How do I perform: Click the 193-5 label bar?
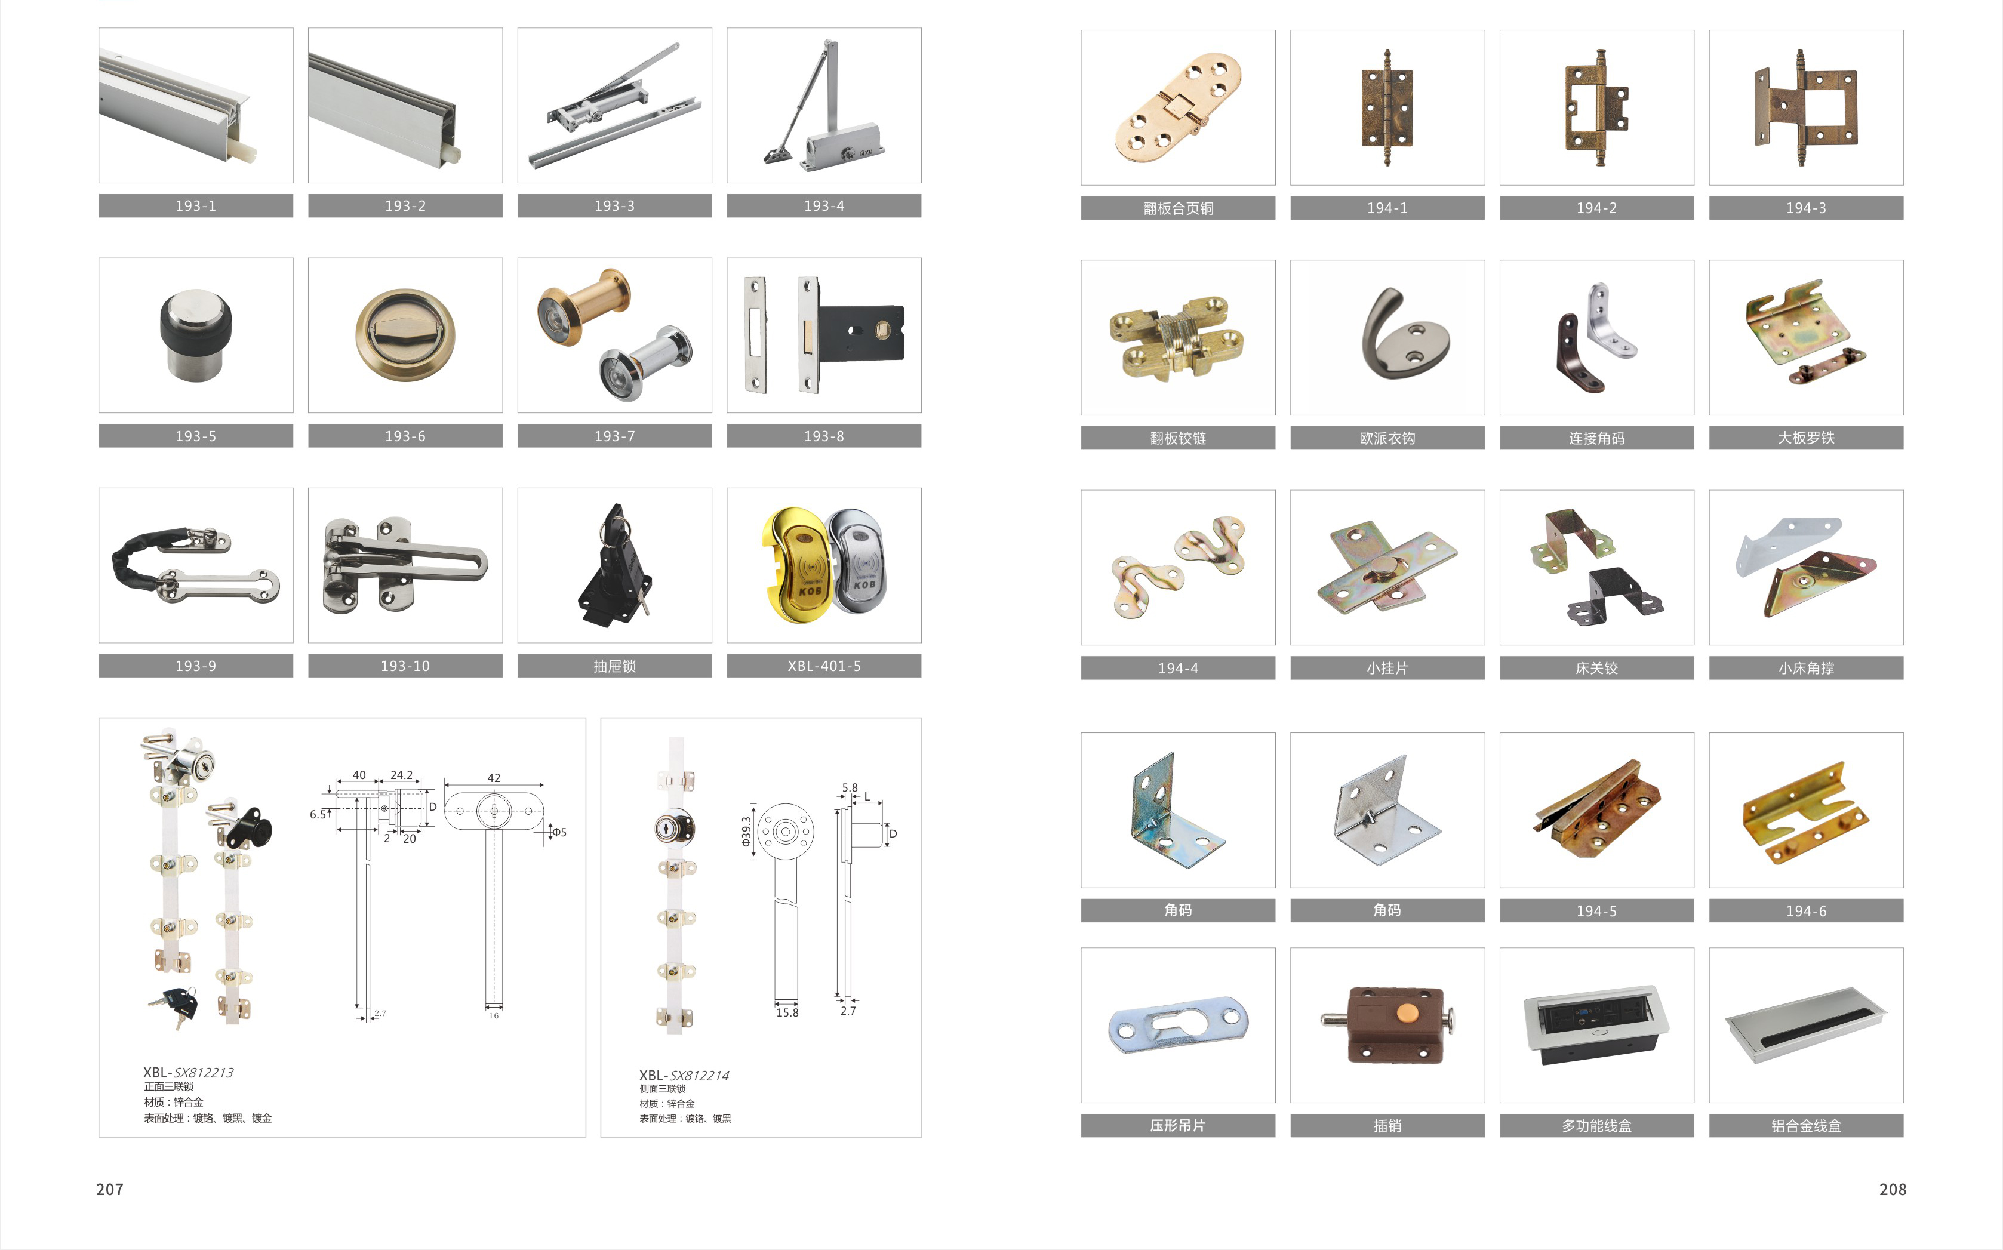point(196,436)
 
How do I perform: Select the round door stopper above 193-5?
point(196,335)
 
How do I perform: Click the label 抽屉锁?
point(614,666)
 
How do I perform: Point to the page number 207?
point(110,1189)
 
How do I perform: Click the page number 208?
point(1892,1189)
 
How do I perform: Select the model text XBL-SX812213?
point(189,1072)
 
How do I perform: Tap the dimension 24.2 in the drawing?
point(402,775)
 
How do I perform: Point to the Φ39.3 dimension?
point(746,832)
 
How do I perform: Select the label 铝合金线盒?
point(1806,1126)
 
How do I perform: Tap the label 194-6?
point(1806,911)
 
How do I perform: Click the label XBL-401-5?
point(824,666)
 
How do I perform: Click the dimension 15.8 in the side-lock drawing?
point(787,1013)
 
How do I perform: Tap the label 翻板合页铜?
point(1178,208)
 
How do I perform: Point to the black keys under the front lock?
point(174,1006)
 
